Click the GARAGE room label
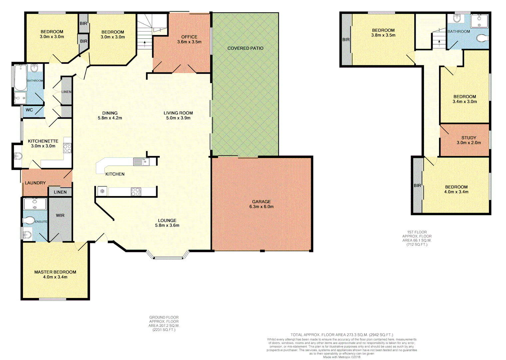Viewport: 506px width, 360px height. pos(261,202)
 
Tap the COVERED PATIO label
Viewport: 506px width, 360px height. pos(245,48)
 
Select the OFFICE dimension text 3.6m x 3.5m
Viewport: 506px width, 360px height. pos(189,42)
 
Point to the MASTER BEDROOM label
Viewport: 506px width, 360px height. pos(55,272)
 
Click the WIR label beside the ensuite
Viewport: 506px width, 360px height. pos(60,215)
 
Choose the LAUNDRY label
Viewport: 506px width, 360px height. pos(35,183)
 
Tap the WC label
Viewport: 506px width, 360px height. pos(29,110)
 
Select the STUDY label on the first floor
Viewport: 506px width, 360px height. pos(469,138)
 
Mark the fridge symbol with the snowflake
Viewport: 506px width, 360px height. pos(102,191)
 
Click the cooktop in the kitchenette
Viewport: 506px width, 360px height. pos(67,148)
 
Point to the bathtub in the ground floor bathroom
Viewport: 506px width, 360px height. pos(20,77)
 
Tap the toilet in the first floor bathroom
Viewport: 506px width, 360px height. pos(482,39)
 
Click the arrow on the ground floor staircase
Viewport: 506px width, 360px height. pos(144,42)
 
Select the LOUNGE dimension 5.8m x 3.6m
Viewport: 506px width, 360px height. pos(167,225)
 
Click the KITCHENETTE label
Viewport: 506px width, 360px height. pos(43,141)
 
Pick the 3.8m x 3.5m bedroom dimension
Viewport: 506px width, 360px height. pos(383,35)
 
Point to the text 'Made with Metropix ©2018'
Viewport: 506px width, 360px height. pos(341,357)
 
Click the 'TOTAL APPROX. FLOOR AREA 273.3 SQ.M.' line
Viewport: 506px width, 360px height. pos(341,335)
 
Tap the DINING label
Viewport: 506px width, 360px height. pos(110,113)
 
